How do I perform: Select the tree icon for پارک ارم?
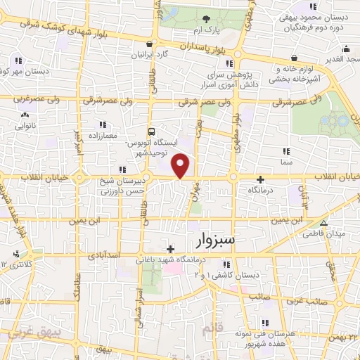[x=205, y=20]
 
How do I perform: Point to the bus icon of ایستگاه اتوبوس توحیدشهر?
[x=151, y=131]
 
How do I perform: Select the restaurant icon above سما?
[x=285, y=151]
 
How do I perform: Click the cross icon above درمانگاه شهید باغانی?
[x=170, y=248]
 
